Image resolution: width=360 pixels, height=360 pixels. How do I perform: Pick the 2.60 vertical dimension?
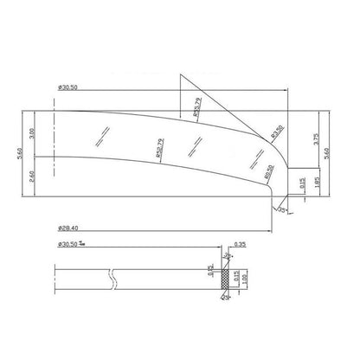[x=30, y=176]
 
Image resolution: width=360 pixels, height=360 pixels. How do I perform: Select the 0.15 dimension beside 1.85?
[x=301, y=183]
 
